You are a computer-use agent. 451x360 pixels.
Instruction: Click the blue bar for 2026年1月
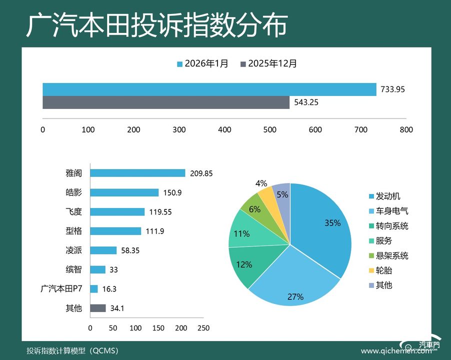[x=209, y=89]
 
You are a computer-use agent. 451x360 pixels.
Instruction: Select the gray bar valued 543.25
[x=166, y=102]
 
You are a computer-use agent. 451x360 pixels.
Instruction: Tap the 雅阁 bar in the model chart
[x=137, y=173]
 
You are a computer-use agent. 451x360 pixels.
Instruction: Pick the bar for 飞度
[x=117, y=211]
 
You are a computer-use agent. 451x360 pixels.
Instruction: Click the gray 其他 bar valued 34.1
[x=98, y=308]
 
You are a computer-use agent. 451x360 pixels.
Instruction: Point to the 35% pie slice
[x=320, y=225]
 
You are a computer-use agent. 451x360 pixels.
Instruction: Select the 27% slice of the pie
[x=295, y=285]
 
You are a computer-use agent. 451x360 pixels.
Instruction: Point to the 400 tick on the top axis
[x=224, y=130]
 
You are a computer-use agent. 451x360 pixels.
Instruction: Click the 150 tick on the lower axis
[x=158, y=328]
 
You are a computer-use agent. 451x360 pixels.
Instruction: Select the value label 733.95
[x=392, y=89]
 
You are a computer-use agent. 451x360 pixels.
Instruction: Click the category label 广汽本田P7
[x=61, y=288]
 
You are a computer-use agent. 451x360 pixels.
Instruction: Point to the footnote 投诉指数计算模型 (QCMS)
[x=72, y=350]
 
